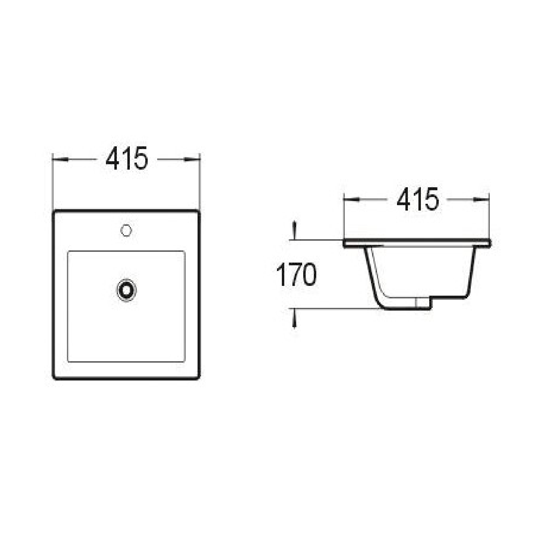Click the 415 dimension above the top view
[x=127, y=159]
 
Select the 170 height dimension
[x=296, y=275]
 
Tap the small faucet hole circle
[x=126, y=231]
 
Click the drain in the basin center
[x=127, y=290]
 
